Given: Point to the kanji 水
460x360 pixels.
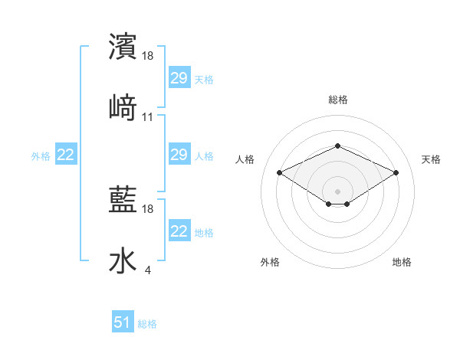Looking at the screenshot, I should point(123,260).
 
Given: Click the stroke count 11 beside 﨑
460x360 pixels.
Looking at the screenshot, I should point(148,117).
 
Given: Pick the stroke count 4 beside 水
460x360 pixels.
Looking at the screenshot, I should point(147,270).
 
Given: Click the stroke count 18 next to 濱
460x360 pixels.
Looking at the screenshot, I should point(148,56).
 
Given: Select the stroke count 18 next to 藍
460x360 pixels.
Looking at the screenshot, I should point(148,209).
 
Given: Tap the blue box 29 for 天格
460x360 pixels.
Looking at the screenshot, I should point(179,78).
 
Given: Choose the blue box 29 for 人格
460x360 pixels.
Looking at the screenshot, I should point(179,155).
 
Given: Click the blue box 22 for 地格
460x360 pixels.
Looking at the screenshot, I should point(179,231).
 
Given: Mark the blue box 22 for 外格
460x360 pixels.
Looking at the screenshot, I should point(66,155).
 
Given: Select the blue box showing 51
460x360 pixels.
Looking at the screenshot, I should point(123,322).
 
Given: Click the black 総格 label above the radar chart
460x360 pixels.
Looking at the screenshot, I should point(337,100).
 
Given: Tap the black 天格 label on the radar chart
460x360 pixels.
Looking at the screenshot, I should point(431,159).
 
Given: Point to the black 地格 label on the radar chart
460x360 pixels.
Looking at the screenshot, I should point(402,262).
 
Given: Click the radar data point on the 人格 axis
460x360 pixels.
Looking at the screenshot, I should point(280,172).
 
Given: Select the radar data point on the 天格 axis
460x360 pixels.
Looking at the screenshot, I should point(396,172).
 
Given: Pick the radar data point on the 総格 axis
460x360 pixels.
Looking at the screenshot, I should point(337,146).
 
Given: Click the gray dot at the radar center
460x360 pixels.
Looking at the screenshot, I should point(337,191).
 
